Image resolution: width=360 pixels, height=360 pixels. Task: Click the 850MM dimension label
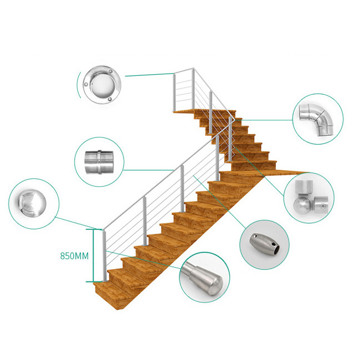[x=74, y=256]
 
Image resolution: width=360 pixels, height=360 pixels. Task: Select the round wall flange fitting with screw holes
[x=101, y=85]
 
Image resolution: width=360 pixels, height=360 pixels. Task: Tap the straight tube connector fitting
[x=99, y=162]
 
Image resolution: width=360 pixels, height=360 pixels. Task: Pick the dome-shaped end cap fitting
[x=32, y=203]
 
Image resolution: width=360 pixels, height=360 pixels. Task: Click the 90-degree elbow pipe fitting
[x=317, y=119]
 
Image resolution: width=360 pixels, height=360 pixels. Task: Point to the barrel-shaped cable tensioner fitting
[x=265, y=244]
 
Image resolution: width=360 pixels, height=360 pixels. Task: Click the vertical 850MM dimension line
[x=93, y=255]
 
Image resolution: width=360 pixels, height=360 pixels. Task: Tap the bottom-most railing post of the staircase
[x=104, y=256]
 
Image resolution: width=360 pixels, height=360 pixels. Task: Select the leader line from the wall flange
[x=150, y=75]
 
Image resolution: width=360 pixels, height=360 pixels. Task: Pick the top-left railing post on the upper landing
[x=174, y=92]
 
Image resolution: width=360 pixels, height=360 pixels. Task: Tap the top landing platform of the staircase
[x=204, y=112]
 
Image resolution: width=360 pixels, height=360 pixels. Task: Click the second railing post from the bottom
[x=145, y=221]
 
